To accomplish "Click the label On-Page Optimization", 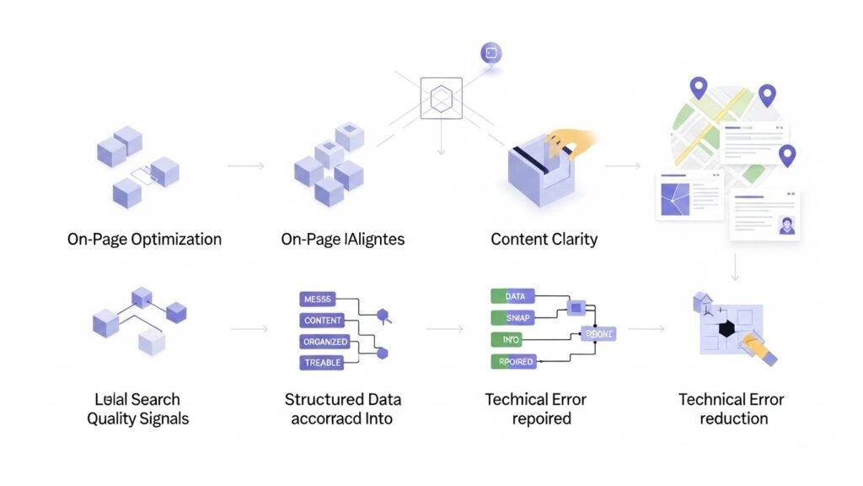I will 144,239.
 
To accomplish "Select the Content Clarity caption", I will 544,239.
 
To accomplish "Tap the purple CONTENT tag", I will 322,321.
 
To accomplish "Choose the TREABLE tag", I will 322,363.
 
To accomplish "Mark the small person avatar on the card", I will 787,226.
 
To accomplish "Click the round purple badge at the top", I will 490,53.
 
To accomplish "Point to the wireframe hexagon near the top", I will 442,100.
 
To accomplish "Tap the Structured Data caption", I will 342,399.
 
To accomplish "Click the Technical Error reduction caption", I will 731,408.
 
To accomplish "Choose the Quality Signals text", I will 137,418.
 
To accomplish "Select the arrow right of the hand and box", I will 623,165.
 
